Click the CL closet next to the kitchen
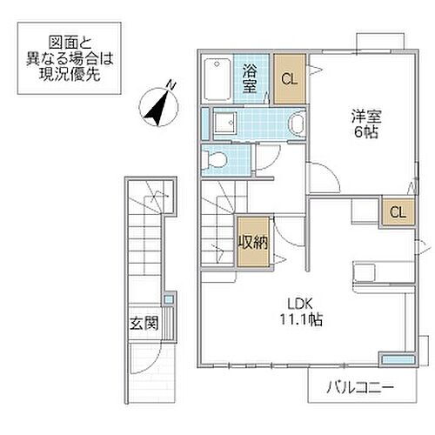click(x=397, y=211)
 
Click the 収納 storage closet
click(x=252, y=241)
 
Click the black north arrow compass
click(x=157, y=106)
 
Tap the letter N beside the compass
click(x=171, y=84)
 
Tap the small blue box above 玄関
click(x=169, y=300)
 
